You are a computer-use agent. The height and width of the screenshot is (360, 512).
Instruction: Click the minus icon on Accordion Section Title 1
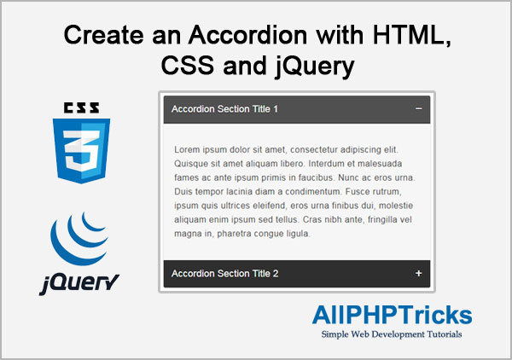419,108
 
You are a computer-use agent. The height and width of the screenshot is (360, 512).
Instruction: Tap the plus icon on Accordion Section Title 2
419,273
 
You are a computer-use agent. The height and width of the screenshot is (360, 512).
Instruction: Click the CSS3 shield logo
81,151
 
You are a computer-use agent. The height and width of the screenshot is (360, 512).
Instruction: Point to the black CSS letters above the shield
81,107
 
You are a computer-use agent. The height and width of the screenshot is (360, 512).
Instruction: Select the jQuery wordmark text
79,283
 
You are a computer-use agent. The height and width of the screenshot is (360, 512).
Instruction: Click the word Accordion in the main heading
247,35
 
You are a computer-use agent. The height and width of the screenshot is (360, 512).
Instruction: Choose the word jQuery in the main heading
315,67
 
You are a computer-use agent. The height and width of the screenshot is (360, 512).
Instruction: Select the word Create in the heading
104,35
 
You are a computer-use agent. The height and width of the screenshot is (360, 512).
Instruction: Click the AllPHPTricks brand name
393,315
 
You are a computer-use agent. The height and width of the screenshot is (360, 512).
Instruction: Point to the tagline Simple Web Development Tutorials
392,334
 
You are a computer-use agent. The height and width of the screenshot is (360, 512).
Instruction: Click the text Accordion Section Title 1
224,109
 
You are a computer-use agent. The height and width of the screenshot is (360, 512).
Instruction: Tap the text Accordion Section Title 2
224,274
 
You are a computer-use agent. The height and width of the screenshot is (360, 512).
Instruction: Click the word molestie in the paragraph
396,206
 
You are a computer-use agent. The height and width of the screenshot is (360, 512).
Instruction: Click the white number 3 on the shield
81,151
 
